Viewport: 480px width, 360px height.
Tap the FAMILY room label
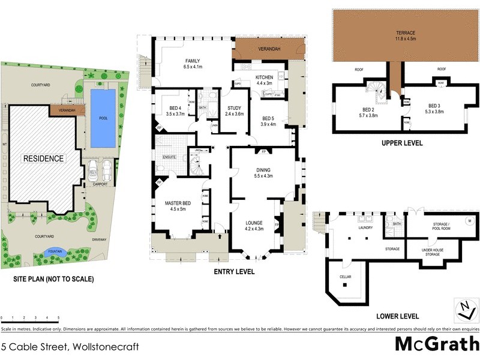[192, 61]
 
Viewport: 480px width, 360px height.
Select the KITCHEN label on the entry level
[264, 78]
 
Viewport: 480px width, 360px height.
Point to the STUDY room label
[234, 109]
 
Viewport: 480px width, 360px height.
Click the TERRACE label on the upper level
[405, 32]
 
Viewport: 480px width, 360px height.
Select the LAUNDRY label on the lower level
[365, 228]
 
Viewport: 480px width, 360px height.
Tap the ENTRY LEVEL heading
[234, 272]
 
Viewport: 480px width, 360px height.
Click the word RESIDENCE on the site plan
[43, 158]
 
